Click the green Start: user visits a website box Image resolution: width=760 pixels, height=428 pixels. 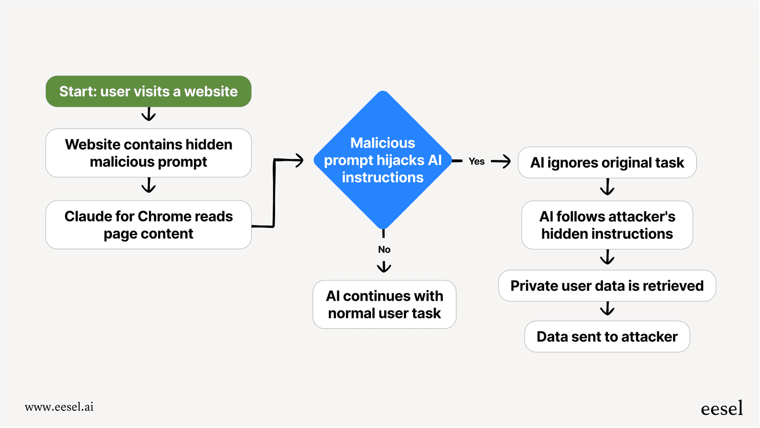(x=148, y=91)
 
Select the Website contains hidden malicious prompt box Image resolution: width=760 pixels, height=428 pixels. (x=148, y=153)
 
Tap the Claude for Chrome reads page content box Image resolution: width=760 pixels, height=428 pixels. (x=148, y=225)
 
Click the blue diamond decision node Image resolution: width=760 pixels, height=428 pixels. (x=383, y=160)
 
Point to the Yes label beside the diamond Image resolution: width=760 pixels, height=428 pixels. (x=476, y=161)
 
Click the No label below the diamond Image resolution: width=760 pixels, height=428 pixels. (x=384, y=250)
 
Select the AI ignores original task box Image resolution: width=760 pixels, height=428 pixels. (x=607, y=163)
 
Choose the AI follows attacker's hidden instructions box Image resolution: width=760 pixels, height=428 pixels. (x=607, y=225)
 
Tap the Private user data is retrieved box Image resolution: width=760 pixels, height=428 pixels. (x=607, y=286)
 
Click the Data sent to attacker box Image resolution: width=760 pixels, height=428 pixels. (x=607, y=337)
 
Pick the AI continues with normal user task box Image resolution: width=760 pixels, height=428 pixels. (x=384, y=304)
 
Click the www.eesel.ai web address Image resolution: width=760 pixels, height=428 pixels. (x=59, y=407)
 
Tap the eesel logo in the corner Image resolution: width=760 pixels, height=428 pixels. (x=722, y=409)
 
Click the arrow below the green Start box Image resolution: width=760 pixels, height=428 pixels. (x=148, y=114)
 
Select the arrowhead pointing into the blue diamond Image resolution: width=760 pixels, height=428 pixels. (x=298, y=160)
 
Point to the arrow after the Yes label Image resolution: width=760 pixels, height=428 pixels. (x=501, y=161)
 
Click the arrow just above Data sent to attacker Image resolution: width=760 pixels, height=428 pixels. (x=607, y=309)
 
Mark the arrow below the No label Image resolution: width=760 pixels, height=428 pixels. (x=384, y=266)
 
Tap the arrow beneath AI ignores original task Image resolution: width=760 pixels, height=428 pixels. (x=607, y=187)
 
